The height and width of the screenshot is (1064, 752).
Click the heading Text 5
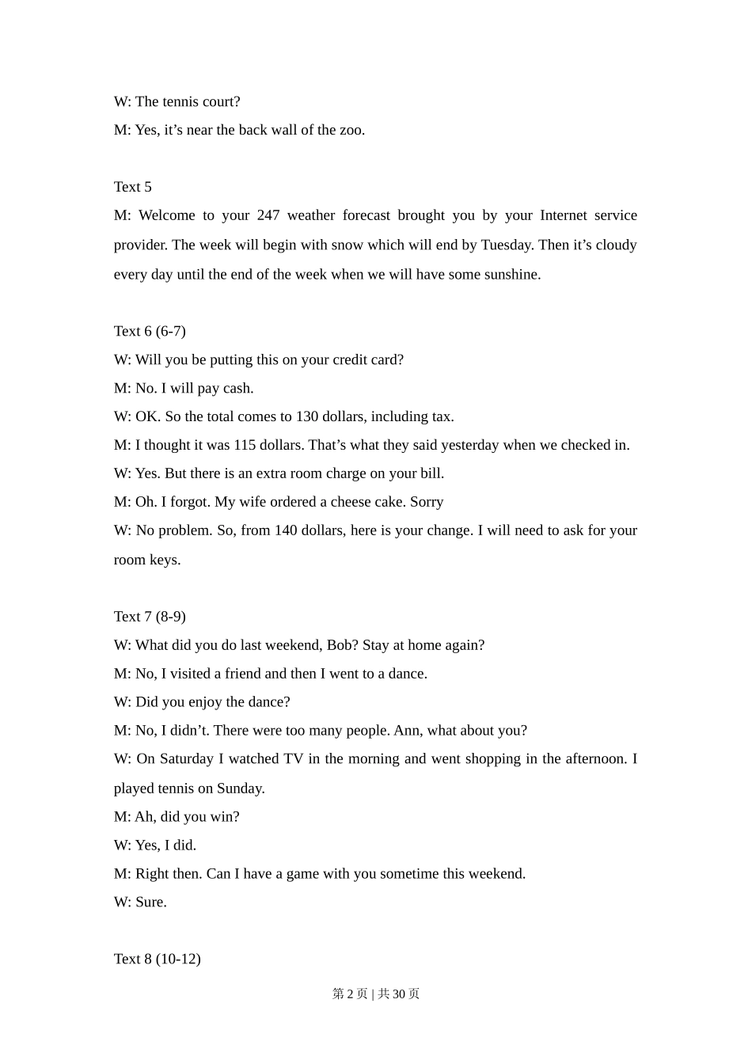pyautogui.click(x=132, y=187)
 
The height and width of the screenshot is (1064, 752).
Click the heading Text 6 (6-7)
pyautogui.click(x=150, y=331)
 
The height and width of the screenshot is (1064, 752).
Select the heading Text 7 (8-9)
pyautogui.click(x=150, y=616)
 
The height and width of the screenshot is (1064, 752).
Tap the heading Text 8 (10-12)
pyautogui.click(x=157, y=959)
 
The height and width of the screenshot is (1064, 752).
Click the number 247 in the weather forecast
pyautogui.click(x=268, y=215)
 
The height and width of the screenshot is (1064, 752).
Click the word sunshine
pyautogui.click(x=507, y=275)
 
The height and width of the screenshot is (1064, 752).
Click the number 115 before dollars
pyautogui.click(x=245, y=445)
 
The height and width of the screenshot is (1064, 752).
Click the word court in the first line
pyautogui.click(x=218, y=101)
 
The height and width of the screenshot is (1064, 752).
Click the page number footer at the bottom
pyautogui.click(x=376, y=994)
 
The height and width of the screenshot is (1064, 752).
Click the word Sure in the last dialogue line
pyautogui.click(x=150, y=902)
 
